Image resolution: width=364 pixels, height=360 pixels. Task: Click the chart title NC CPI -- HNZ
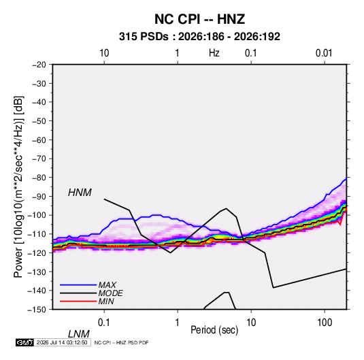pyautogui.click(x=199, y=19)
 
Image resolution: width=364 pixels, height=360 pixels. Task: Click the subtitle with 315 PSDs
pyautogui.click(x=199, y=37)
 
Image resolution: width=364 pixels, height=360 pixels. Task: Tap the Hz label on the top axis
pyautogui.click(x=214, y=53)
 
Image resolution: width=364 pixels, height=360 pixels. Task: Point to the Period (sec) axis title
pyautogui.click(x=214, y=330)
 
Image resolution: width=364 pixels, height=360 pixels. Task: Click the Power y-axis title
pyautogui.click(x=18, y=186)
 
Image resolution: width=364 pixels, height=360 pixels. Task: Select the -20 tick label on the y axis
pyautogui.click(x=39, y=65)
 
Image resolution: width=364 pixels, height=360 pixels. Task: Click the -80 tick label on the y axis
pyautogui.click(x=39, y=178)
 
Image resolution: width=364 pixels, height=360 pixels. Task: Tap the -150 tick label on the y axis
pyautogui.click(x=37, y=310)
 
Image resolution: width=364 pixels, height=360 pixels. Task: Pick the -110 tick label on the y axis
pyautogui.click(x=37, y=234)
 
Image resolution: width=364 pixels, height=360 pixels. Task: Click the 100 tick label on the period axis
pyautogui.click(x=325, y=323)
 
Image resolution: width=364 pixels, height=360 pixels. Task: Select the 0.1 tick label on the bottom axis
pyautogui.click(x=104, y=323)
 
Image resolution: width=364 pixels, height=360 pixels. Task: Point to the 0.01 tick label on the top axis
pyautogui.click(x=324, y=53)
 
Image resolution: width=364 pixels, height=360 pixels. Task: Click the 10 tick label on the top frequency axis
pyautogui.click(x=104, y=53)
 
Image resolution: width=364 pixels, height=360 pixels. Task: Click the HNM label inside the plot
pyautogui.click(x=80, y=193)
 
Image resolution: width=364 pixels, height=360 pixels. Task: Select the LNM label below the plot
pyautogui.click(x=79, y=334)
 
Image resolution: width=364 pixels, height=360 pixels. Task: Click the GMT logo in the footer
pyautogui.click(x=24, y=342)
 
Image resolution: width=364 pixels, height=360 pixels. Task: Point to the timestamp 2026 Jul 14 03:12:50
pyautogui.click(x=62, y=342)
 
